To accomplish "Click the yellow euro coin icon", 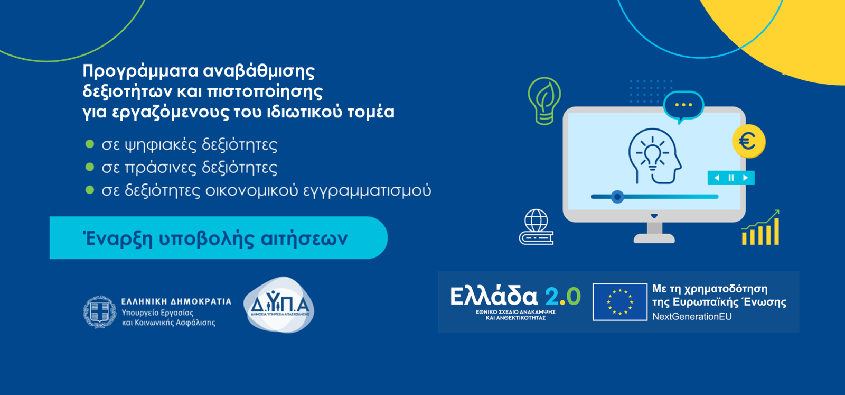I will point(748,141).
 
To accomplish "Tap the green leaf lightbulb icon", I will point(544,100).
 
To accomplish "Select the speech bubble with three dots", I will point(683,105).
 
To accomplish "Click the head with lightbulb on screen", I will point(654,157).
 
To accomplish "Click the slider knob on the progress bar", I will point(617,197).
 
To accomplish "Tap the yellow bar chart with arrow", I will point(761,228).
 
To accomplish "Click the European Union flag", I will point(619,302).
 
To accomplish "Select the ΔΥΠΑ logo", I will point(279,305).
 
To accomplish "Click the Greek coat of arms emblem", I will point(100,312).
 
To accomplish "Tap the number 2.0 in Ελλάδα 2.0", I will point(562,296).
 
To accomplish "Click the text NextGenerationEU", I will point(692,317).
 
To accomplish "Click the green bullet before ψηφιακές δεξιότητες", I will point(90,144).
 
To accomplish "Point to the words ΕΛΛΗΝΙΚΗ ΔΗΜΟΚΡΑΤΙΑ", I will point(176,301).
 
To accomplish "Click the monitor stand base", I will point(654,238).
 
